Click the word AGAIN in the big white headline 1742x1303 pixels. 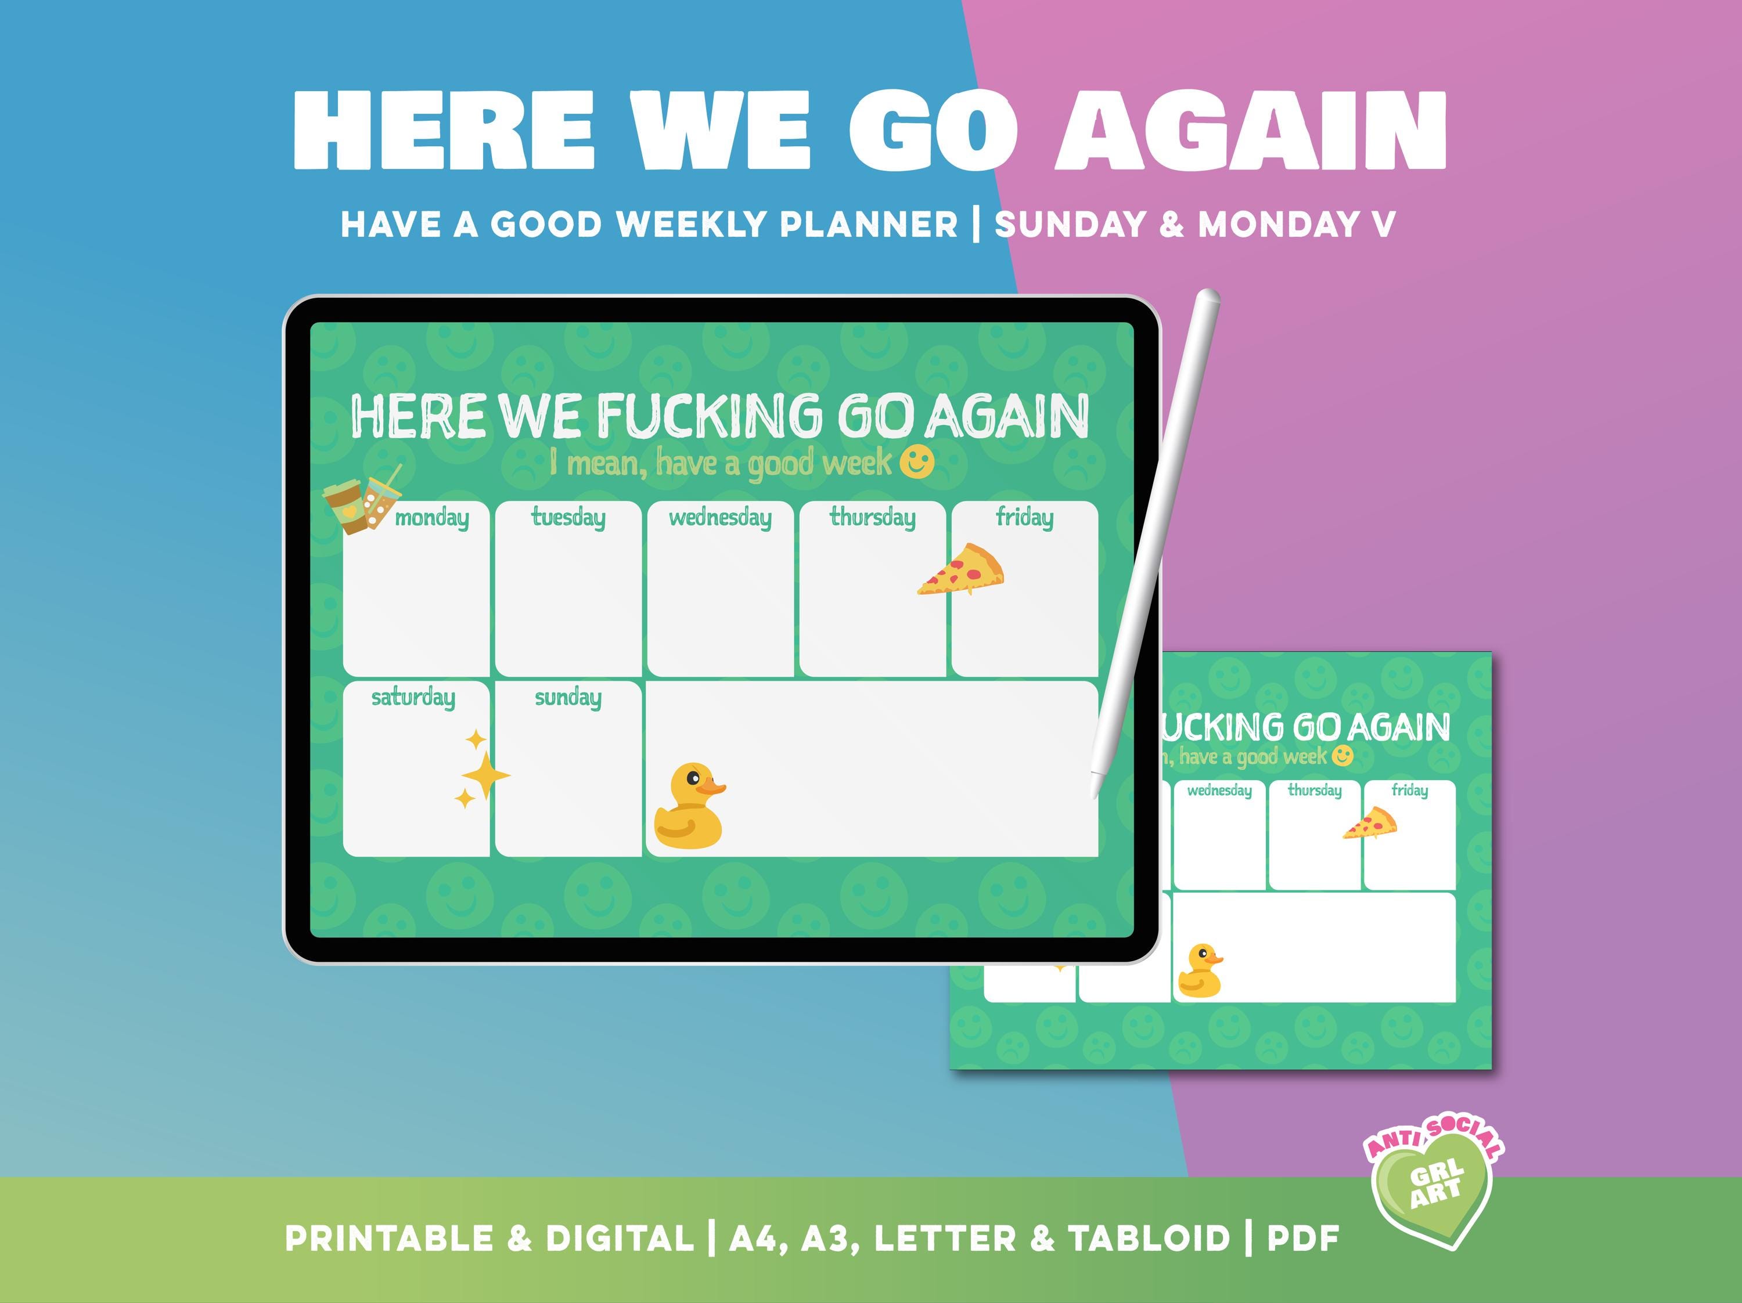coord(1251,130)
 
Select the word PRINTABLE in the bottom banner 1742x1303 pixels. coord(389,1239)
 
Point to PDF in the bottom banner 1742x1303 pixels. coord(1304,1239)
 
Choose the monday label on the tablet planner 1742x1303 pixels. coord(431,518)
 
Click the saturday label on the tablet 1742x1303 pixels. coord(413,698)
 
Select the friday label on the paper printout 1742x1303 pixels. coord(1409,790)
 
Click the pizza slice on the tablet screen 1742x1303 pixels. coord(962,568)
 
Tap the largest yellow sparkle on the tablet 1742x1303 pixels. coord(485,775)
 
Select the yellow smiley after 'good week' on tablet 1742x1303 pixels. coord(917,462)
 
